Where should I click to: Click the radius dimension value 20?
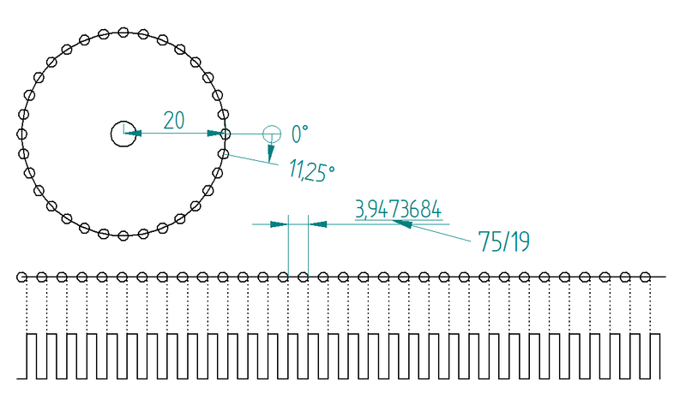coord(174,121)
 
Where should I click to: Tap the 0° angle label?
coord(299,134)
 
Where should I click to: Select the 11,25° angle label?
coord(311,170)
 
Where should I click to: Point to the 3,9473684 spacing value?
coord(398,209)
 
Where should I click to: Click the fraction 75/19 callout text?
coord(503,241)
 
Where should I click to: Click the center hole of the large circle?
coord(123,134)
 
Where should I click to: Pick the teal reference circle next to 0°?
coord(272,134)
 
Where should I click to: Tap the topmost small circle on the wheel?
coord(123,33)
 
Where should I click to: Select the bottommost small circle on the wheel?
coord(123,236)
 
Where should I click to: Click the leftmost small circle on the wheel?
coord(21,134)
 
